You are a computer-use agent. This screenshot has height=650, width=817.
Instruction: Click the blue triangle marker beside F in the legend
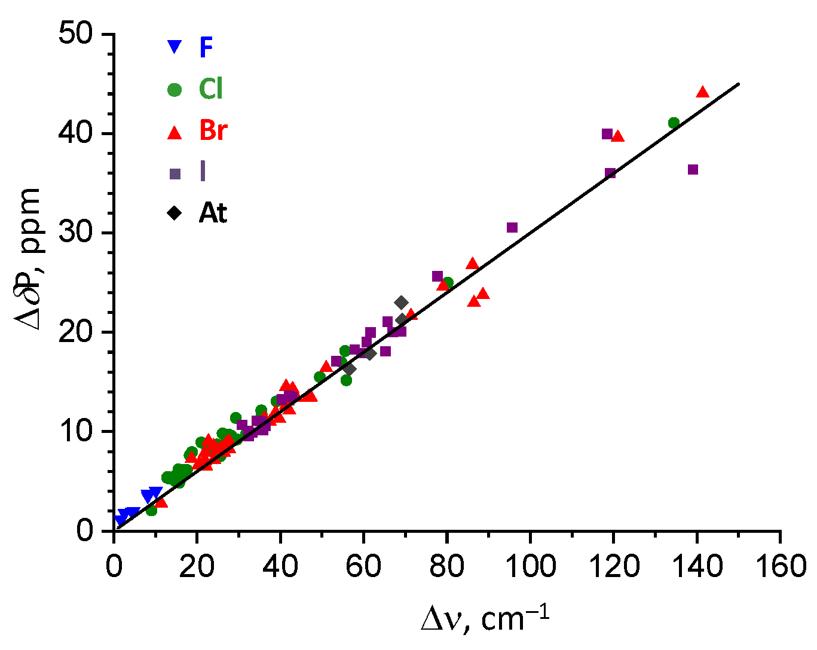click(x=174, y=47)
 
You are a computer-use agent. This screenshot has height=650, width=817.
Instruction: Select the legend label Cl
click(x=210, y=90)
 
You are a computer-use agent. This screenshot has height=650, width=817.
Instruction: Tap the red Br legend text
click(x=213, y=131)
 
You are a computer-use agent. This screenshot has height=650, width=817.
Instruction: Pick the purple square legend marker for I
click(x=175, y=174)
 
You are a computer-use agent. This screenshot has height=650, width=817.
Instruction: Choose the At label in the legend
click(x=213, y=213)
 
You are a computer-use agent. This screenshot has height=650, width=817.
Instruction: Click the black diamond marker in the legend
click(x=175, y=213)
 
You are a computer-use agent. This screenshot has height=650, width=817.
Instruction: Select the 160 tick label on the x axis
click(x=780, y=565)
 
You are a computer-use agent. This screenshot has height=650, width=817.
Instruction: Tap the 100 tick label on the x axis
click(x=530, y=565)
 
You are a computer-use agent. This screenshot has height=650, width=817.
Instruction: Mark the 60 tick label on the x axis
click(x=363, y=565)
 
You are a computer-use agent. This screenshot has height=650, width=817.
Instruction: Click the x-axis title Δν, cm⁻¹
click(x=484, y=620)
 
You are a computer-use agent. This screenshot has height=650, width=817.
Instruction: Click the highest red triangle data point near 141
click(x=702, y=92)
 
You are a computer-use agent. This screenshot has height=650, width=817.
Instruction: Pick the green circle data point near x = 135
click(x=674, y=123)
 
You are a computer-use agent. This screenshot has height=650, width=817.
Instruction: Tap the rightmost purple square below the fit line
click(x=693, y=170)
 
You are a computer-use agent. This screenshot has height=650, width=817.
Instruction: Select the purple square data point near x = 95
click(x=512, y=228)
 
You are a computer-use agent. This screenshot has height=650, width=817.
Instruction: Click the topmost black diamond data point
click(x=402, y=303)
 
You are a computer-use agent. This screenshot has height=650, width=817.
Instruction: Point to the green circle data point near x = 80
click(x=448, y=282)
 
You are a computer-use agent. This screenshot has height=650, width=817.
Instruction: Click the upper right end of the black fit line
click(x=739, y=84)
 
